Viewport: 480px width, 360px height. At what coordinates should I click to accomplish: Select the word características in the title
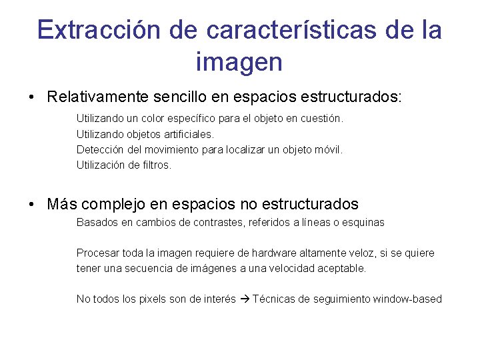291,31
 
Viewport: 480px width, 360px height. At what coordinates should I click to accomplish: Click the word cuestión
321,119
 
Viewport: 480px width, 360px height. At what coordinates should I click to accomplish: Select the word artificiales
187,134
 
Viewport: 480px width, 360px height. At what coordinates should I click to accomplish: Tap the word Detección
100,150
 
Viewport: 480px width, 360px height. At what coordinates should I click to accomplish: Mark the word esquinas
363,223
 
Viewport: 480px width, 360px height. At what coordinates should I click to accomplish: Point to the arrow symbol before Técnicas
244,299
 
